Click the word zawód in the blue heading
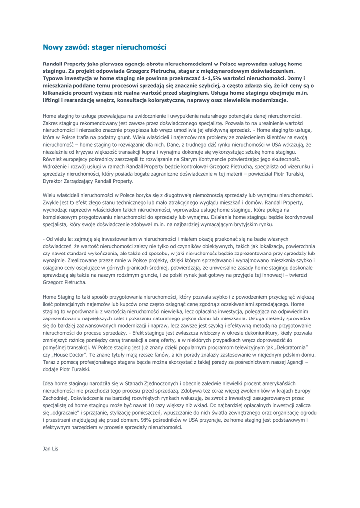[x=79, y=48]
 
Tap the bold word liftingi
[x=56, y=100]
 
